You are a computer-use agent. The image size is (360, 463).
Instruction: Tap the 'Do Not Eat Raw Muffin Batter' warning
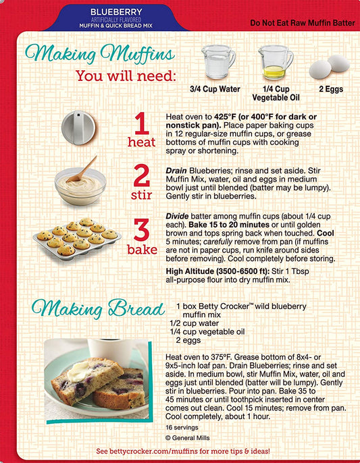302,23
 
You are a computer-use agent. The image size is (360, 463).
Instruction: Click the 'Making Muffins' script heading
100,53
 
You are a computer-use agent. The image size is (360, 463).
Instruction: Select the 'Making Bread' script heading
99,308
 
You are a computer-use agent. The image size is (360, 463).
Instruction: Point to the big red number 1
140,124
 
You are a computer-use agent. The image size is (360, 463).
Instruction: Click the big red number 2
142,176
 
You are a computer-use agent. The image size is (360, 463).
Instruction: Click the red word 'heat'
142,142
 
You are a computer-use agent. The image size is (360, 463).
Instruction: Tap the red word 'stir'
142,196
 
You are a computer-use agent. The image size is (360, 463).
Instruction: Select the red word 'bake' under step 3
143,250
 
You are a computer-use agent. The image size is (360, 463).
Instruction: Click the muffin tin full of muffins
76,236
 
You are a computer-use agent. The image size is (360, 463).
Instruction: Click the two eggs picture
329,67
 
